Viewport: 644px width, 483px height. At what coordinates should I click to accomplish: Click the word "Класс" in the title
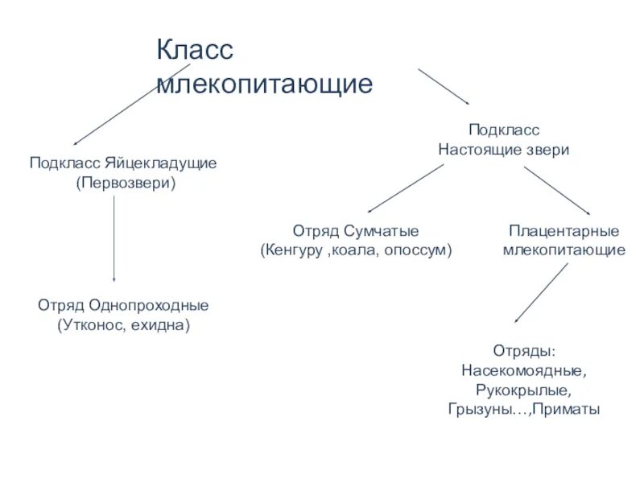pyautogui.click(x=194, y=51)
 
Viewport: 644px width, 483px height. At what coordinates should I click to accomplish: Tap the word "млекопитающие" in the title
pyautogui.click(x=265, y=85)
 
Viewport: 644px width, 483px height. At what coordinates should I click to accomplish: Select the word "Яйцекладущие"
pyautogui.click(x=171, y=163)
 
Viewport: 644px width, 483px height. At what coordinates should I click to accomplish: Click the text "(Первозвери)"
pyautogui.click(x=126, y=183)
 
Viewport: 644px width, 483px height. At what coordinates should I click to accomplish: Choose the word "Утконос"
pyautogui.click(x=90, y=326)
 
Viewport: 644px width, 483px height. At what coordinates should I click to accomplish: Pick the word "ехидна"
pyautogui.click(x=165, y=326)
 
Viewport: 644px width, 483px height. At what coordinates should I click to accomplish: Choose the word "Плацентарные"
pyautogui.click(x=564, y=231)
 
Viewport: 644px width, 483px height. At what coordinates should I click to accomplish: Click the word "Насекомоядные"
pyautogui.click(x=524, y=371)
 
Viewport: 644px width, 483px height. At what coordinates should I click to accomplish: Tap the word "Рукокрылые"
pyautogui.click(x=524, y=390)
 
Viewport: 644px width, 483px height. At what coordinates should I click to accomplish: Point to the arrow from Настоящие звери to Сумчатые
pyautogui.click(x=402, y=188)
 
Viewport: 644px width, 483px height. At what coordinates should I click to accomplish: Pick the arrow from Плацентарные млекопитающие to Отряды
pyautogui.click(x=540, y=293)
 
